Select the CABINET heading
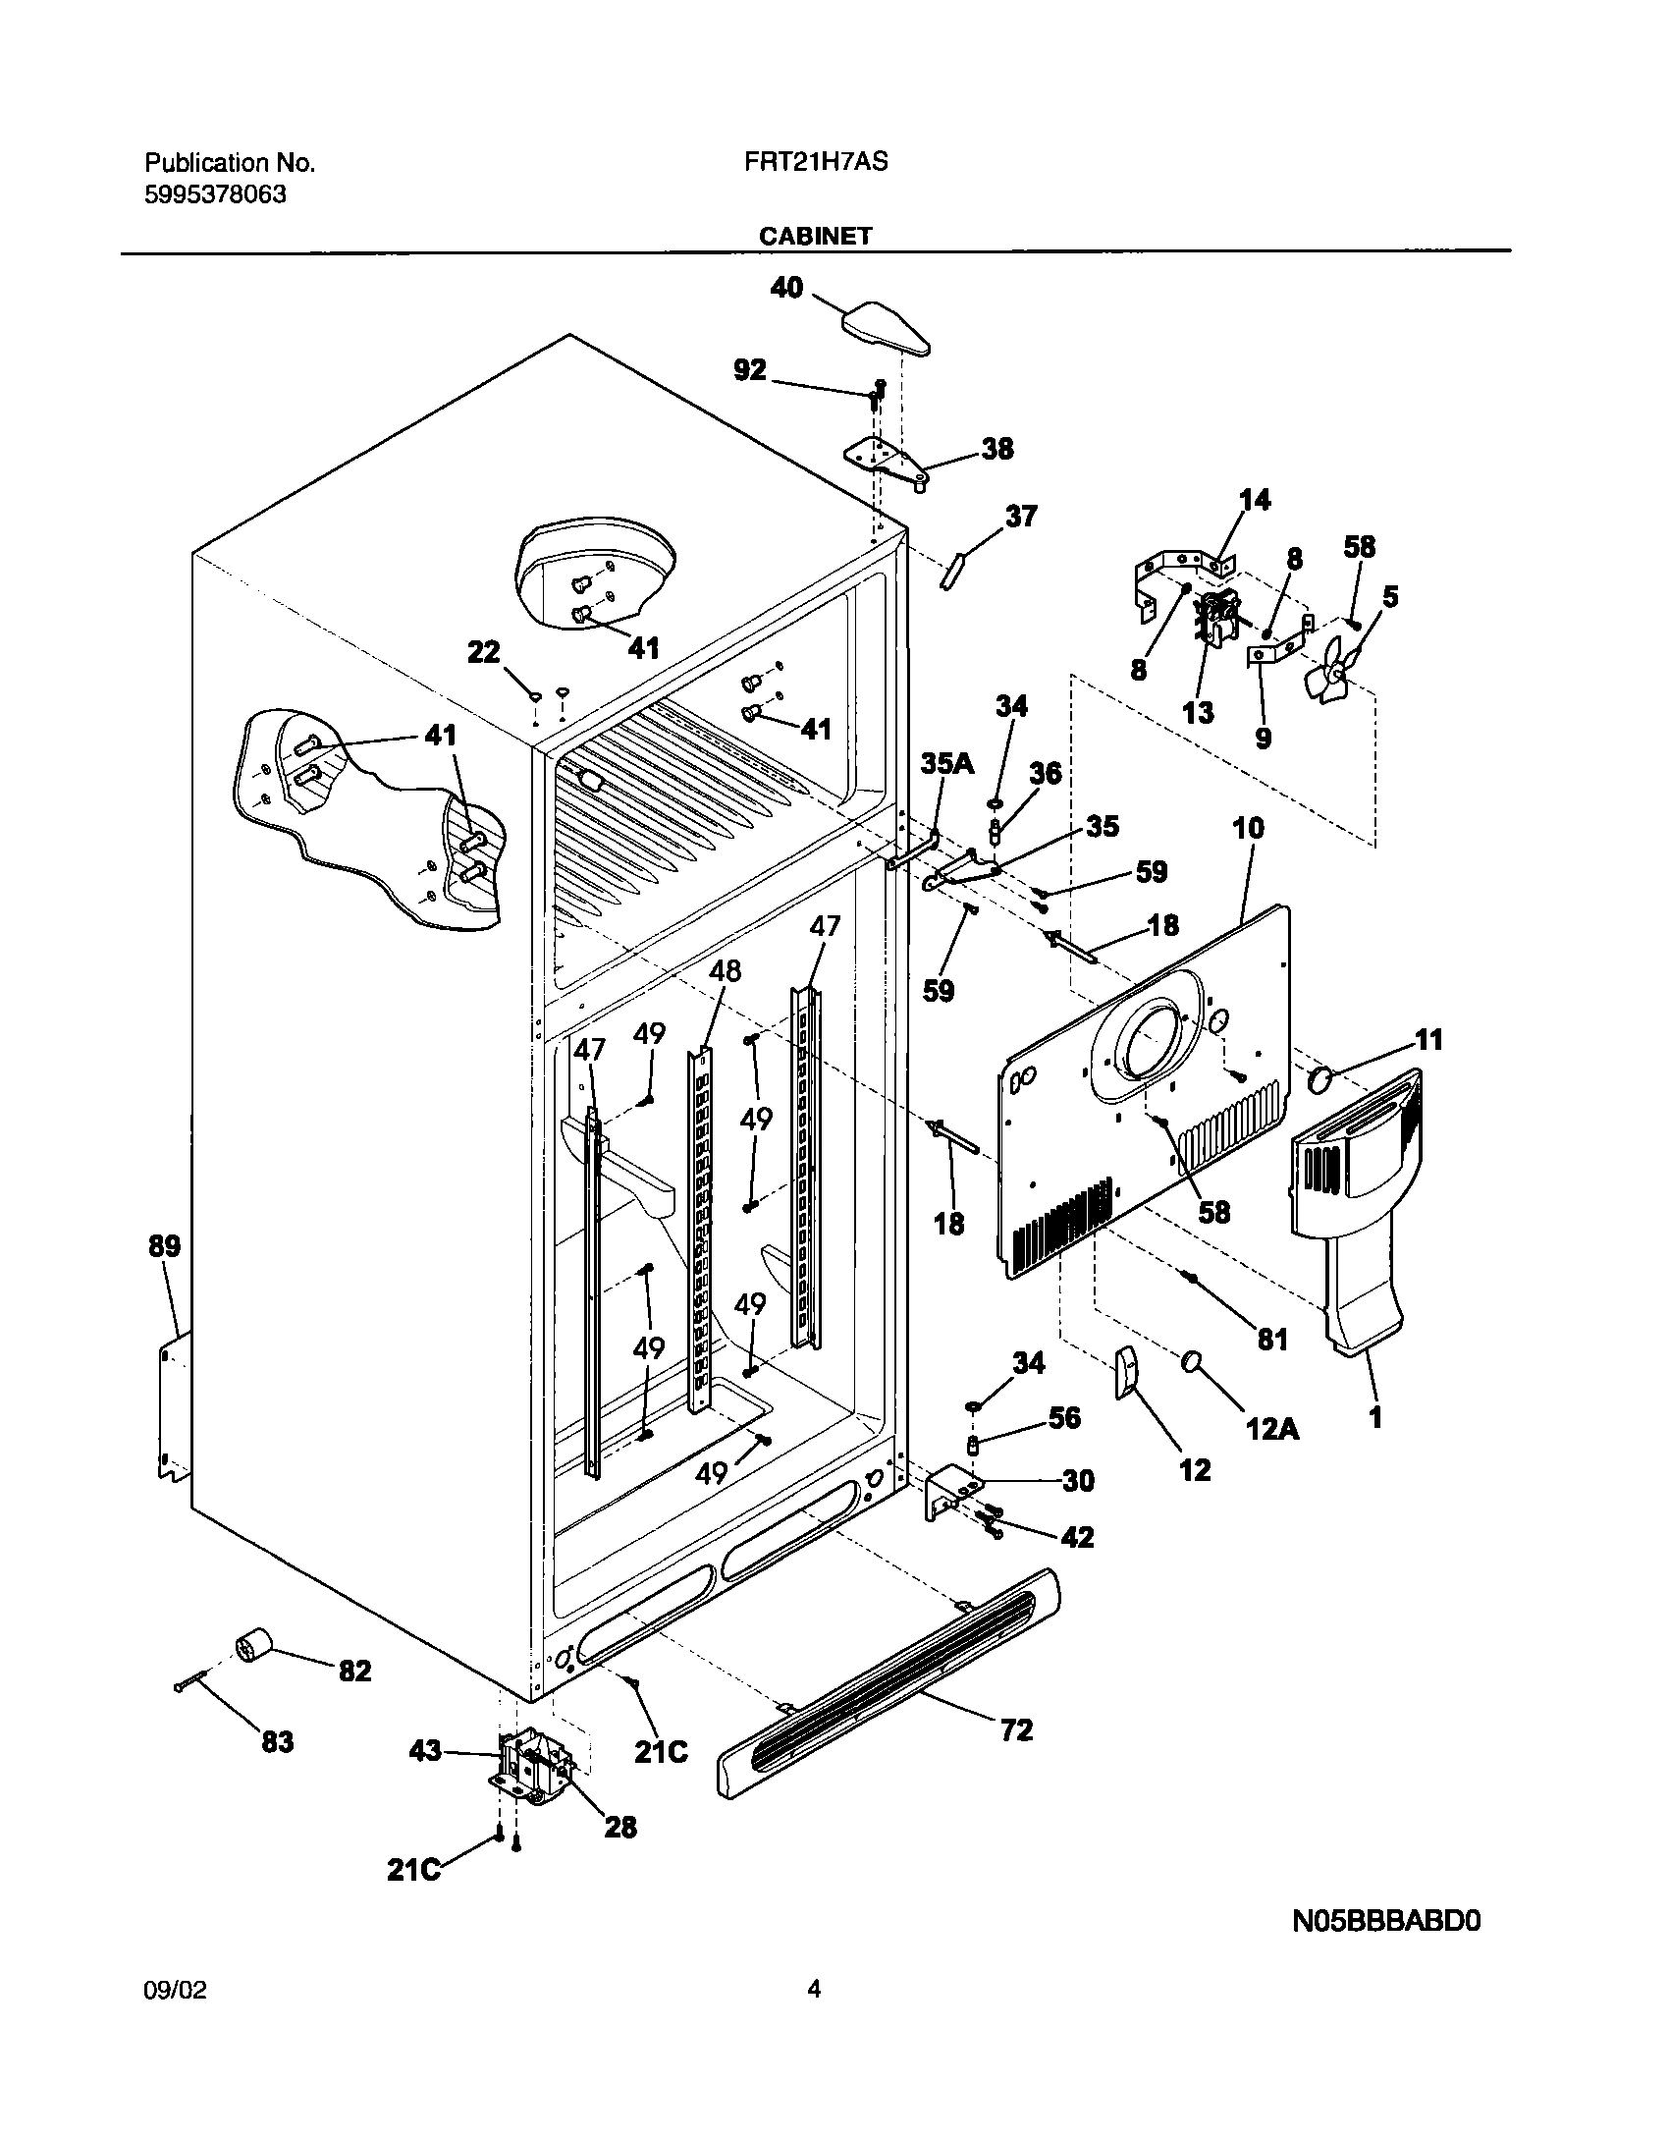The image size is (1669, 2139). click(x=815, y=236)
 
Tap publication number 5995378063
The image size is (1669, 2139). click(x=216, y=194)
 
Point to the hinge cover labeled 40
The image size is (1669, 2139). click(x=885, y=328)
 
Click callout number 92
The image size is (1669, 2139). click(x=750, y=370)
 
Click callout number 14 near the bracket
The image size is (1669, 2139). click(x=1254, y=500)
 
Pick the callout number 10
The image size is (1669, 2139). click(x=1248, y=827)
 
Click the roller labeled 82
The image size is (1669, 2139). click(x=254, y=1643)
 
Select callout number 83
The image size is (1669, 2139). click(x=277, y=1742)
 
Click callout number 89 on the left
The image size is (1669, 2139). click(x=164, y=1246)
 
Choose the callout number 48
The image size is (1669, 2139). click(x=725, y=970)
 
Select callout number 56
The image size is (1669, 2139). click(x=1064, y=1417)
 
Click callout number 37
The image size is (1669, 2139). click(x=1021, y=516)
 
